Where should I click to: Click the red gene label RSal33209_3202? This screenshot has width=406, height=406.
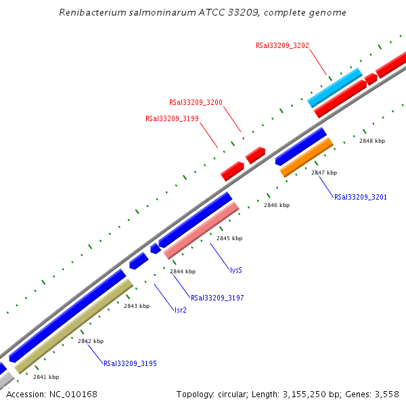[x=282, y=46]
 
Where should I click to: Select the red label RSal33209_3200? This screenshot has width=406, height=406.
[x=196, y=103]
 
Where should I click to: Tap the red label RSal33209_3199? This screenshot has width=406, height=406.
[x=172, y=118]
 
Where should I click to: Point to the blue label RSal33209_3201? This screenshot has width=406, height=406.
[x=361, y=197]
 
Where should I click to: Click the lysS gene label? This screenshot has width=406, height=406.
[x=235, y=270]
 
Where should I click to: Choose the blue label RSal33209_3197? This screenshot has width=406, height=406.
[x=217, y=298]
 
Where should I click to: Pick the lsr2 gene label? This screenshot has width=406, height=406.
[x=180, y=310]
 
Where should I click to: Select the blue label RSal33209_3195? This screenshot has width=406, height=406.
[x=130, y=364]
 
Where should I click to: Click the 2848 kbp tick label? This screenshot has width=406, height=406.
[x=372, y=141]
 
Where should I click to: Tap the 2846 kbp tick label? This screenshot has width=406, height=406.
[x=277, y=205]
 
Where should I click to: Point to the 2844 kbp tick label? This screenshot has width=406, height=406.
[x=183, y=271]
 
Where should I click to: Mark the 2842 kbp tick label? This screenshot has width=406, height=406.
[x=91, y=341]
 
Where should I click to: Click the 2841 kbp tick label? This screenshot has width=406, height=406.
[x=46, y=377]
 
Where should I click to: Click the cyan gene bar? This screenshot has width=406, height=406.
[x=335, y=87]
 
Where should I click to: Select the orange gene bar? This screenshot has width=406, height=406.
[x=307, y=157]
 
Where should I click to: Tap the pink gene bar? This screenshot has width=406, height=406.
[x=202, y=230]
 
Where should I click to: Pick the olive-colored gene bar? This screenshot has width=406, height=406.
[x=74, y=326]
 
